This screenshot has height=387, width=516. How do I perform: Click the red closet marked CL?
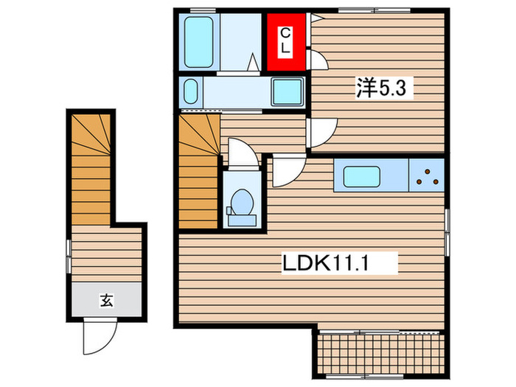coord(287,41)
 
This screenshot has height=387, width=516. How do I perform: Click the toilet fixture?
coord(240,204)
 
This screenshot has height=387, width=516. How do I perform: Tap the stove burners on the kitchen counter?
coord(427,175)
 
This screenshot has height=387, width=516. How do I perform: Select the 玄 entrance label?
coord(106,300)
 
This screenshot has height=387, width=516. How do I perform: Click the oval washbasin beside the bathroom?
coord(191,93)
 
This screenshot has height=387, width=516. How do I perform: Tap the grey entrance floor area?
coord(106,300)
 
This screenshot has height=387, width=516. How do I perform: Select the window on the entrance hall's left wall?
coord(68,254)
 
